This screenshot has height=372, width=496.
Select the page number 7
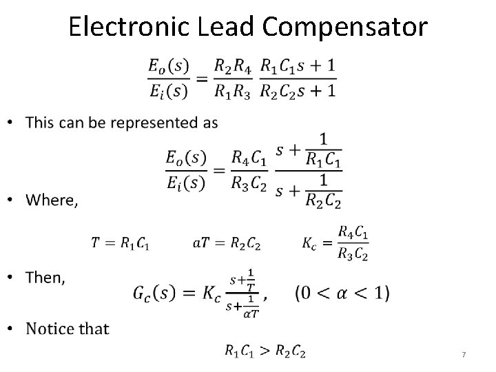tap(464, 354)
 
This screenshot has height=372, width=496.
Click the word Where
tap(52, 200)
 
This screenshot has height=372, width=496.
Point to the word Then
tap(45, 278)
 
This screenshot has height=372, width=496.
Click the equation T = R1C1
tap(119, 242)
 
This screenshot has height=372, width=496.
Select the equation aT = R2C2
tap(228, 242)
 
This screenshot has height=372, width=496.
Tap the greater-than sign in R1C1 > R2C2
tap(265, 351)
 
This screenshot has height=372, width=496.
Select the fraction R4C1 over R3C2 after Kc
tap(353, 242)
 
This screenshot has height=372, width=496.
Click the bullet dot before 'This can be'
tap(17, 124)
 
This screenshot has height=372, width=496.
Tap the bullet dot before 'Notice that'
tap(17, 329)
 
